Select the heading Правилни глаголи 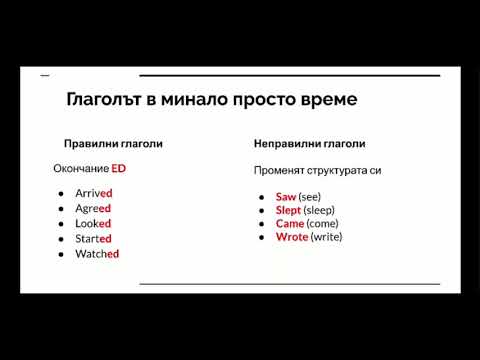[113, 144]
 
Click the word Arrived [93, 193]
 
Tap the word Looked [92, 223]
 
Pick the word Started [93, 238]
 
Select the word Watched [96, 254]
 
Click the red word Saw [286, 197]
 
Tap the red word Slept [288, 210]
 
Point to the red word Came [289, 223]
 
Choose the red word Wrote [291, 237]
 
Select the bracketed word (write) [327, 237]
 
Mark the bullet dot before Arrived [62, 193]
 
